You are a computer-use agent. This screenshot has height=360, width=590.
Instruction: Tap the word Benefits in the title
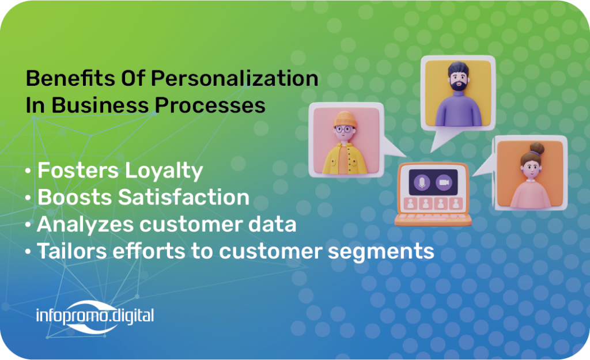70,78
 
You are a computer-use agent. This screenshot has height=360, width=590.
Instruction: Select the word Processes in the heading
210,105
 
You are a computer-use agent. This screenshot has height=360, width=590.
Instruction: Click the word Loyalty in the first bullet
164,171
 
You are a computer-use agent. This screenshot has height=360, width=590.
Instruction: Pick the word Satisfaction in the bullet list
184,197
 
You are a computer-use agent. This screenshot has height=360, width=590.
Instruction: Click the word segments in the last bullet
381,252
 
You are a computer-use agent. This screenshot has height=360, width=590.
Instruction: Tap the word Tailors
72,251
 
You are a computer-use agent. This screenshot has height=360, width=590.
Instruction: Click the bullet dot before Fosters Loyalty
28,171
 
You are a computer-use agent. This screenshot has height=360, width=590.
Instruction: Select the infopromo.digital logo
95,316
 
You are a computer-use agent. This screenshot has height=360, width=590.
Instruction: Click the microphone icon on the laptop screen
422,183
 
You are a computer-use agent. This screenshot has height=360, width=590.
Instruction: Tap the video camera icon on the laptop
444,183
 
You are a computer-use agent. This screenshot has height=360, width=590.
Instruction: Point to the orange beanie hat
345,119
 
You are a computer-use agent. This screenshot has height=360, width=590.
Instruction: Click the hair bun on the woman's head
537,148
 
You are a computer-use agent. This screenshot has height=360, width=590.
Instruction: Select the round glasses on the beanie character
343,130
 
